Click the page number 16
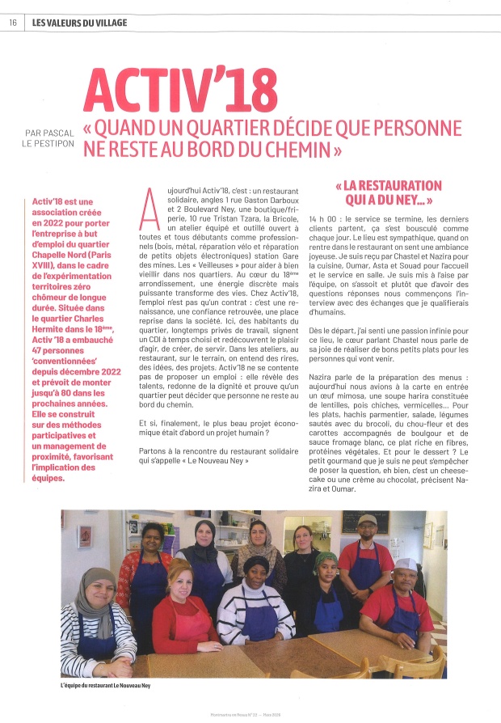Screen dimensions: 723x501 point(13,23)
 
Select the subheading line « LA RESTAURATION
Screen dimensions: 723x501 point(389,186)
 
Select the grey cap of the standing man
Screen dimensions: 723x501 point(368,520)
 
